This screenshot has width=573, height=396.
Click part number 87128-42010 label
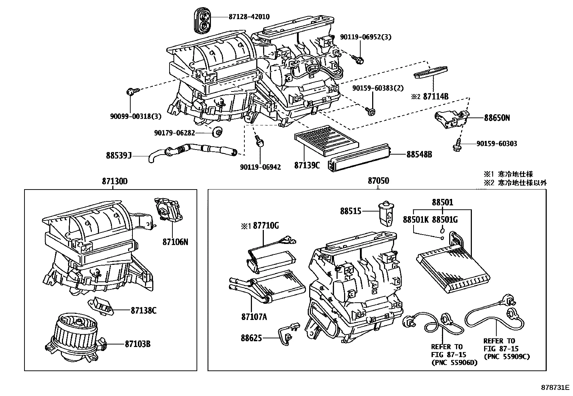click(x=249, y=17)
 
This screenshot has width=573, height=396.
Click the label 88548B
click(x=419, y=154)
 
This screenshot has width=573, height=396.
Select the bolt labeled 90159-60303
click(x=456, y=146)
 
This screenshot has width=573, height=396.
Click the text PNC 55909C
click(x=507, y=356)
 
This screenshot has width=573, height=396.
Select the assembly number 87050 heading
click(x=378, y=181)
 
